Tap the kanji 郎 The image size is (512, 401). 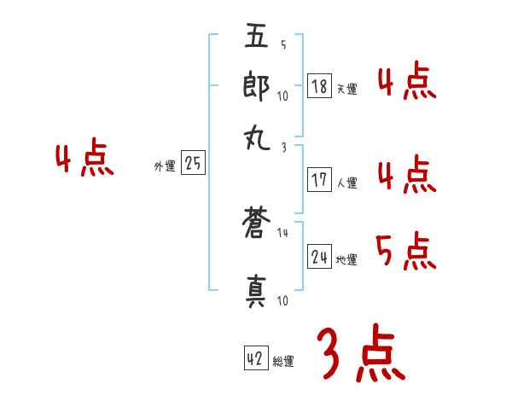pos(257,87)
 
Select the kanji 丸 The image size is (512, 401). pos(257,137)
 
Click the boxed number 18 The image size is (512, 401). pos(319,86)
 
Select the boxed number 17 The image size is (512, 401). pos(319,180)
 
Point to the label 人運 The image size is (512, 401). pos(346,183)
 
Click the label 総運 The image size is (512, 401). pos(283,362)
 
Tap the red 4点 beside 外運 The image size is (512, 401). pos(84,160)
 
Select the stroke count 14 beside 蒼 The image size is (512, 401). pos(283,232)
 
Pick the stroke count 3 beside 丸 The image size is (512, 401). pos(283,148)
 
